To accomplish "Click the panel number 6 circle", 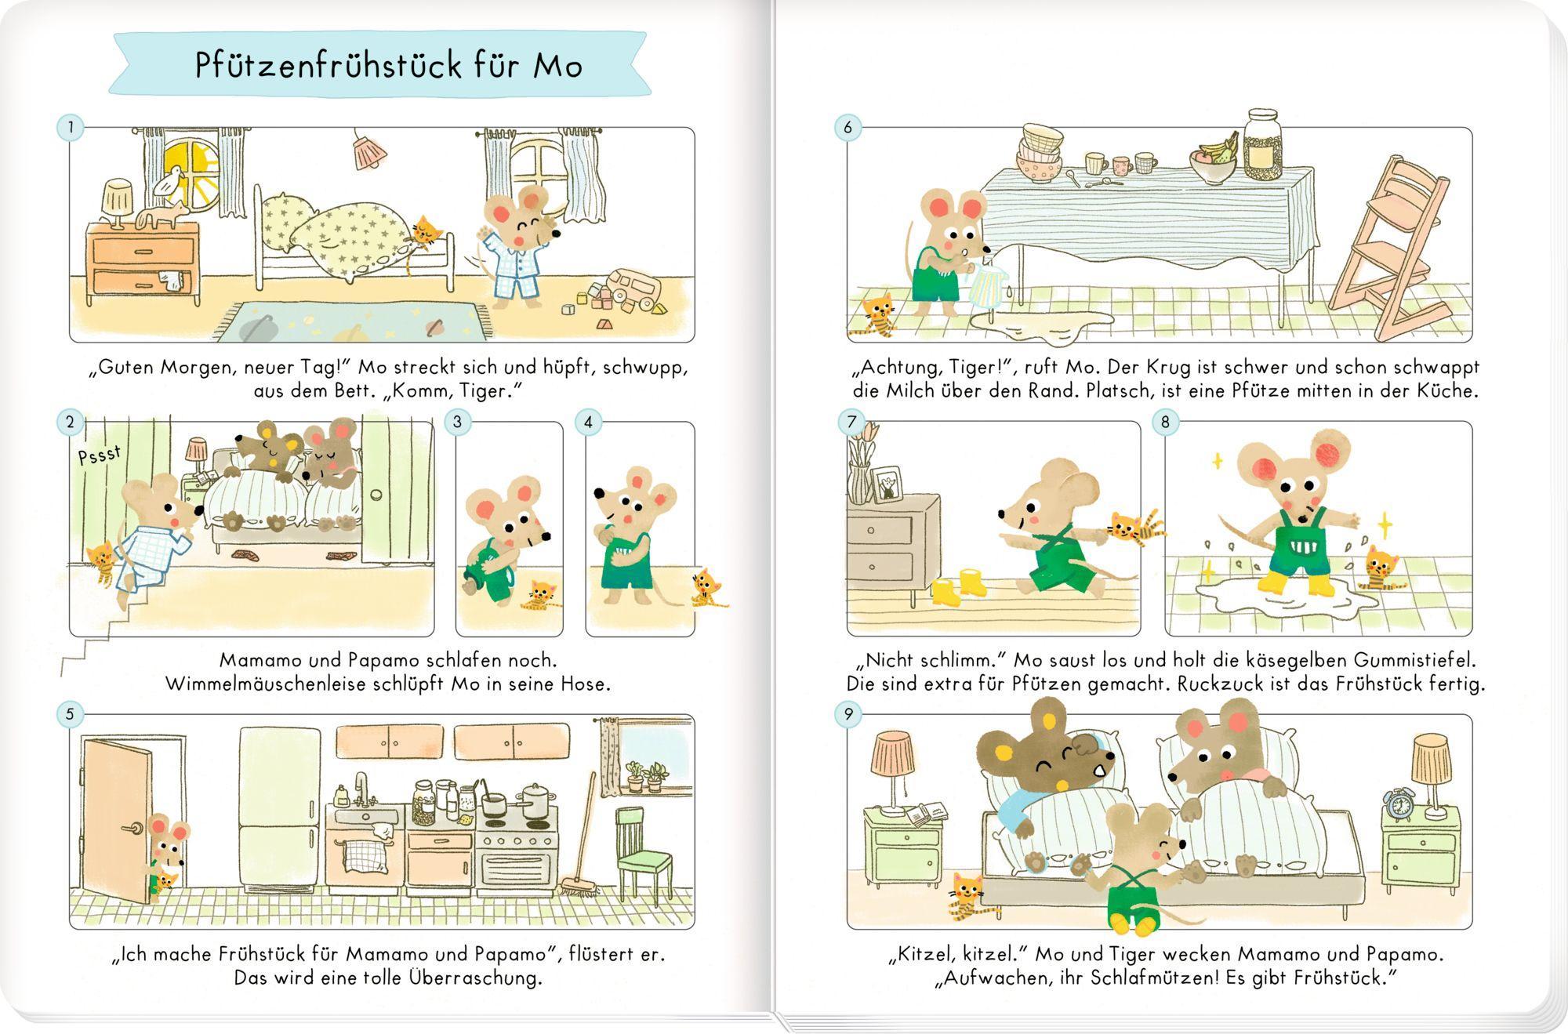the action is [x=848, y=127].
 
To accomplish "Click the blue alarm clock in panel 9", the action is [x=1398, y=804].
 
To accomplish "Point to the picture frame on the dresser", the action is [x=887, y=484].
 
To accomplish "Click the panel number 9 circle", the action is [x=848, y=714].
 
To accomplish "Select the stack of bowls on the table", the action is [x=1040, y=154].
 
